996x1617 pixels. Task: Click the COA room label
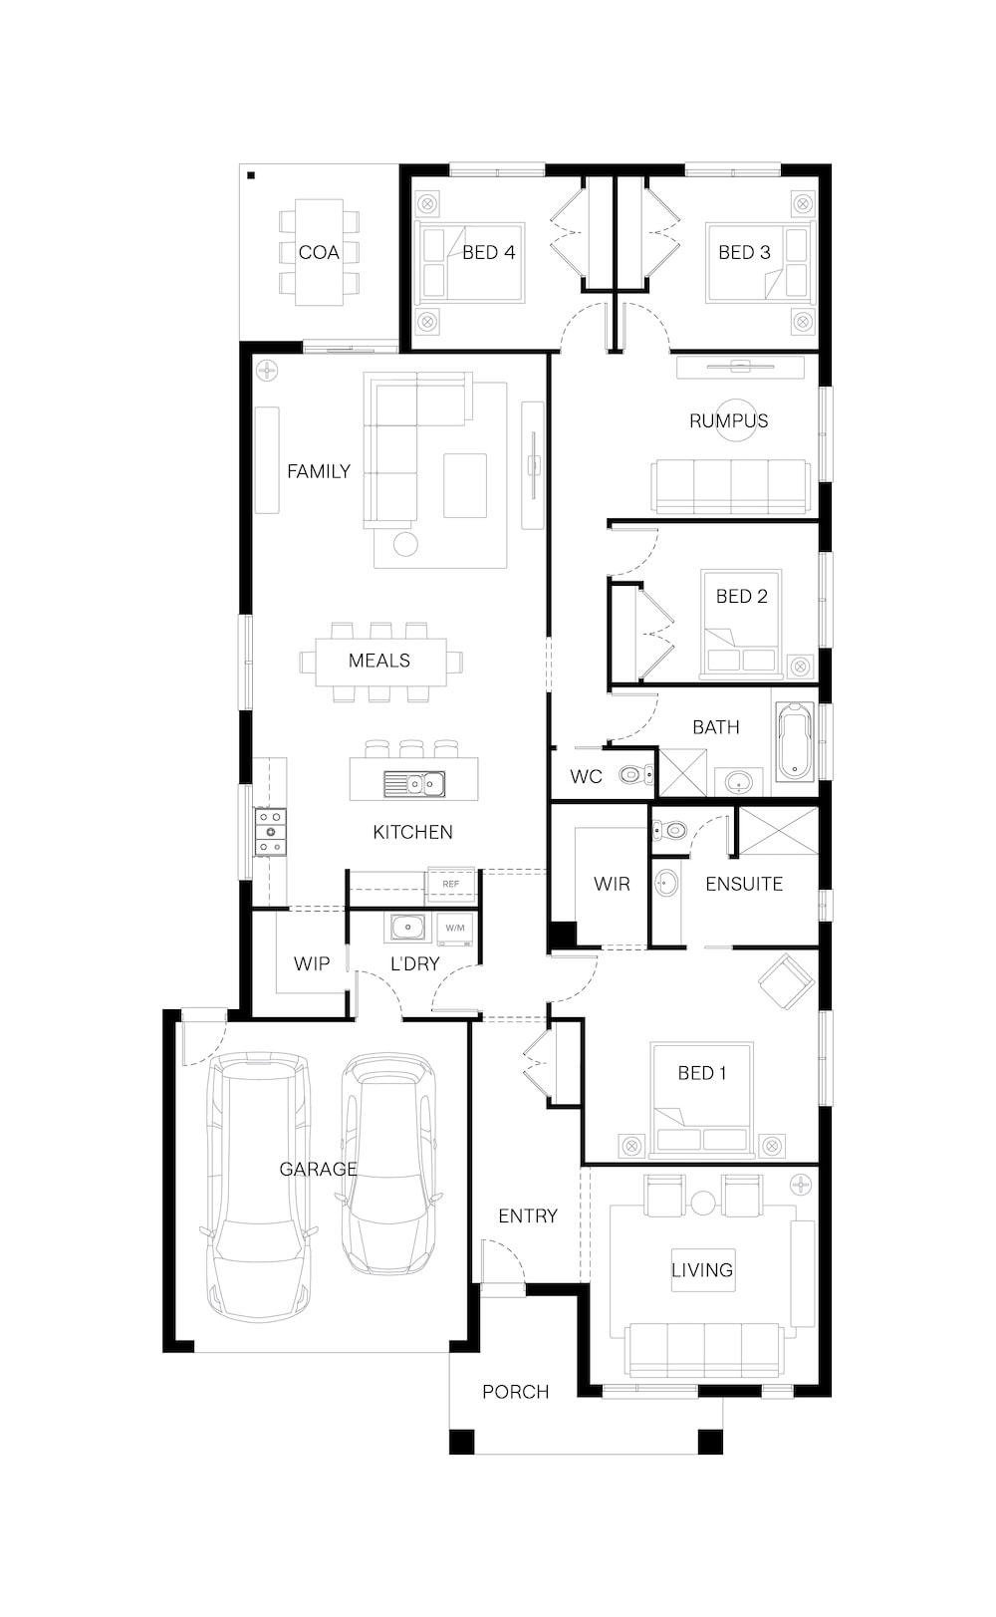pyautogui.click(x=319, y=253)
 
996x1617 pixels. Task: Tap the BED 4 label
pyautogui.click(x=489, y=253)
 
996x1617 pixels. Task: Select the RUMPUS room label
pyautogui.click(x=728, y=420)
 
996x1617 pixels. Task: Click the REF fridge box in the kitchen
pyautogui.click(x=451, y=885)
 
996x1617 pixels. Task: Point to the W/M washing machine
pyautogui.click(x=455, y=929)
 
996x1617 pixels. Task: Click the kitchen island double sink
pyautogui.click(x=414, y=783)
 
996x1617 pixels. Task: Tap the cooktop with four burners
pyautogui.click(x=270, y=832)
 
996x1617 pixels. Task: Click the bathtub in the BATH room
pyautogui.click(x=796, y=741)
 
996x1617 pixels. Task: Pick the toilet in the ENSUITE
pyautogui.click(x=668, y=831)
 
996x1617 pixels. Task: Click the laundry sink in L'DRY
pyautogui.click(x=407, y=928)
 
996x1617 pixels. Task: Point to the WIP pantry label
pyautogui.click(x=312, y=963)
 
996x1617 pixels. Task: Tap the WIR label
pyautogui.click(x=612, y=885)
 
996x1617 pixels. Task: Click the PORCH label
pyautogui.click(x=515, y=1392)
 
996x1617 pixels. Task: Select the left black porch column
pyautogui.click(x=462, y=1441)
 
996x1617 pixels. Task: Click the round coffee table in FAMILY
pyautogui.click(x=405, y=544)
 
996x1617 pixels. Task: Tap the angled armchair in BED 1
pyautogui.click(x=786, y=981)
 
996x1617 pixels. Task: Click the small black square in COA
pyautogui.click(x=251, y=175)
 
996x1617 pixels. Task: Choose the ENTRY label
pyautogui.click(x=528, y=1216)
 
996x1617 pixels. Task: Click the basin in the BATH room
pyautogui.click(x=738, y=782)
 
